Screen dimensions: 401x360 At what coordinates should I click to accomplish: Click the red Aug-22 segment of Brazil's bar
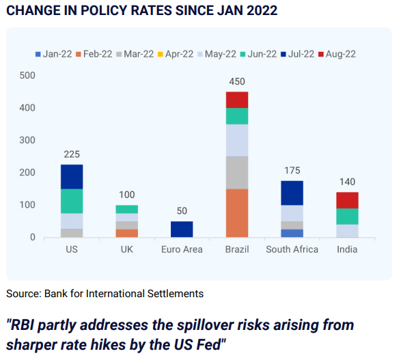237,100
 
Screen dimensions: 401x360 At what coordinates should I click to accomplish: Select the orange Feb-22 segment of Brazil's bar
237,213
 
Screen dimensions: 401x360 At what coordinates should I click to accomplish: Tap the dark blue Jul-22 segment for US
72,177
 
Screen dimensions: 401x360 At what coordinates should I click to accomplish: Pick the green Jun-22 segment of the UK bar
127,209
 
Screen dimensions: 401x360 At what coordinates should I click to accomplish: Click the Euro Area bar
182,230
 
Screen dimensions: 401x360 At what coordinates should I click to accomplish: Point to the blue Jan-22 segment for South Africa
292,233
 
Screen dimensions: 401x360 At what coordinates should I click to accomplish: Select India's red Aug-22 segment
347,200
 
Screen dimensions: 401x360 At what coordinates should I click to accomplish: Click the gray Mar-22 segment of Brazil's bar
237,173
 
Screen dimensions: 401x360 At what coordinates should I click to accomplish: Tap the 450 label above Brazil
237,81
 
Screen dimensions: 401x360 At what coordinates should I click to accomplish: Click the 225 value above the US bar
72,154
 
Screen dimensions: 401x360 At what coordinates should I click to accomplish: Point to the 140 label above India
347,182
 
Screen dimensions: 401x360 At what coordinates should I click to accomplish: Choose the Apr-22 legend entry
176,54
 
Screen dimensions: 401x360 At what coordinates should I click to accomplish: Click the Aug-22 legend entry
337,54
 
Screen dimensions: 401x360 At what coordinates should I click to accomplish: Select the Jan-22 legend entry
54,54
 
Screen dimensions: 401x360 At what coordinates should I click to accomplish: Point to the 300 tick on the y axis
27,140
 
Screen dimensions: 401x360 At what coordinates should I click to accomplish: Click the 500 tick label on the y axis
27,75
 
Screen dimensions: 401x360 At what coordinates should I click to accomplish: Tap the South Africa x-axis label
292,249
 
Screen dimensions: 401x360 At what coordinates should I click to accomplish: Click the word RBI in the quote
21,325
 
